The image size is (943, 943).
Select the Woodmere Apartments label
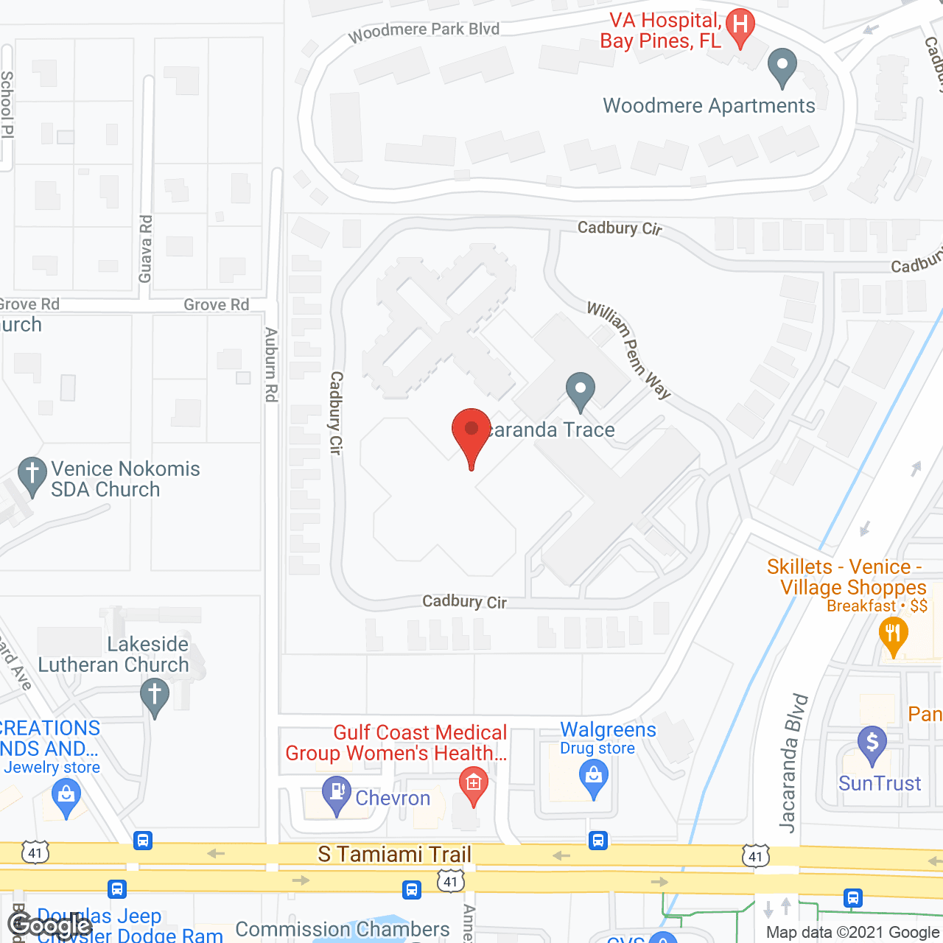pos(709,106)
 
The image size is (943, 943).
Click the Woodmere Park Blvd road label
pos(424,31)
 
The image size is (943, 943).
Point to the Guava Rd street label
pos(146,248)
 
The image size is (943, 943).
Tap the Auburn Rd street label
pos(271,365)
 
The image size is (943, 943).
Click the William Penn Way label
pos(628,349)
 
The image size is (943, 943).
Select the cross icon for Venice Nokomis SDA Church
pos(32,475)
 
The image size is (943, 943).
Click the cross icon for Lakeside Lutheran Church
pos(155,696)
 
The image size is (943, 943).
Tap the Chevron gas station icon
pos(337,794)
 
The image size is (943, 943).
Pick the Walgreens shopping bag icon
pos(593,778)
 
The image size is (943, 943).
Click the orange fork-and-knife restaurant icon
pos(893,635)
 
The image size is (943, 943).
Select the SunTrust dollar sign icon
pos(872,744)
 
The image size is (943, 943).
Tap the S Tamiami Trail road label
pos(394,855)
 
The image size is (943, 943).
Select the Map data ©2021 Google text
pos(852,933)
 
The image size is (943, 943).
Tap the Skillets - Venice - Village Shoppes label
pos(846,578)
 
